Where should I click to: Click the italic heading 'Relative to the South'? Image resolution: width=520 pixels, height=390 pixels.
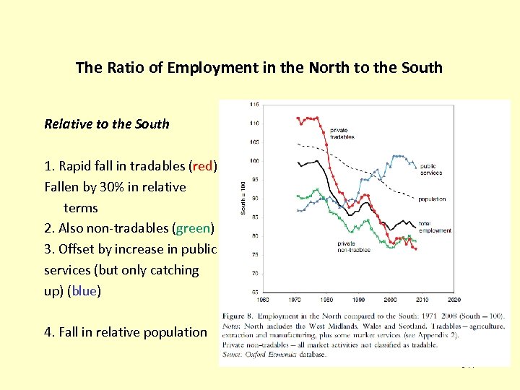pyautogui.click(x=107, y=123)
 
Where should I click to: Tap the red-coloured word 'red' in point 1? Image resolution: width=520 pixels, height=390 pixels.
pyautogui.click(x=203, y=166)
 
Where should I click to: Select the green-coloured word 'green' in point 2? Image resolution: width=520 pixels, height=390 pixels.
pyautogui.click(x=193, y=228)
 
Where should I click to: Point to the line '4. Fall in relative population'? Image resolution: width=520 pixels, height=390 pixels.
pyautogui.click(x=126, y=332)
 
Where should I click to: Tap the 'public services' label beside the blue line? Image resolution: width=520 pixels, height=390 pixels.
pyautogui.click(x=431, y=170)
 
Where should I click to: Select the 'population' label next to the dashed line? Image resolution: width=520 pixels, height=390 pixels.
pyautogui.click(x=431, y=199)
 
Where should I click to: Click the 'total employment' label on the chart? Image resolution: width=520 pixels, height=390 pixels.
pyautogui.click(x=435, y=227)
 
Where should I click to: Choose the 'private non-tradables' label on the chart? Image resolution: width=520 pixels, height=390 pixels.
pyautogui.click(x=354, y=247)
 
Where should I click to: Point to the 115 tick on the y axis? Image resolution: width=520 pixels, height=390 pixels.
pyautogui.click(x=254, y=105)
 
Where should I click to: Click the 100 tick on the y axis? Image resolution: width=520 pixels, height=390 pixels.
pyautogui.click(x=254, y=161)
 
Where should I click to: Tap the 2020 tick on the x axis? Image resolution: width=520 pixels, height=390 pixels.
pyautogui.click(x=454, y=298)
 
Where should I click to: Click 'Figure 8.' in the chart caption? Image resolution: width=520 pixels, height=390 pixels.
pyautogui.click(x=243, y=316)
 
